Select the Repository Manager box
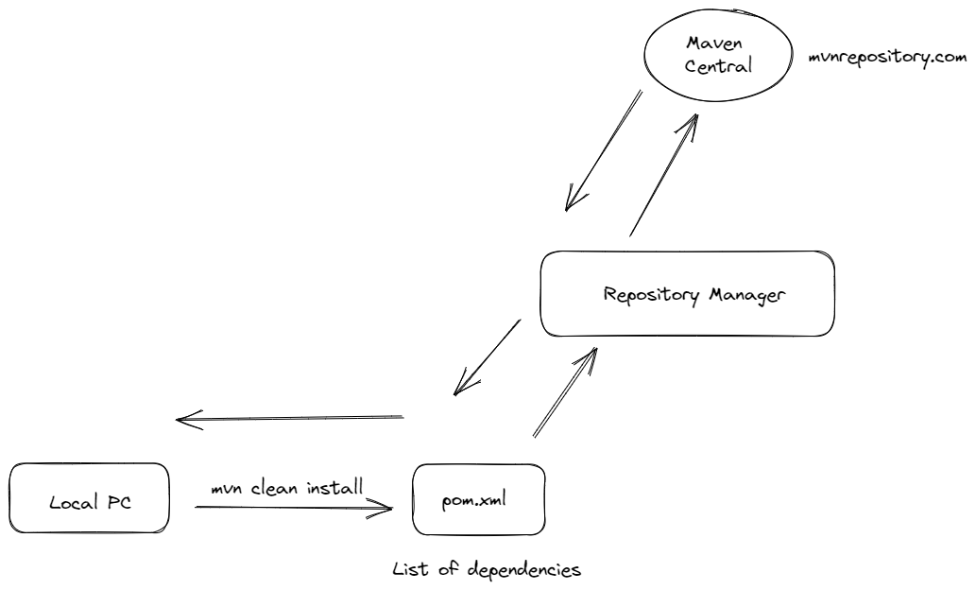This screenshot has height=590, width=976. pyautogui.click(x=687, y=293)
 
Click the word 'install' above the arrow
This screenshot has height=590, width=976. pyautogui.click(x=330, y=488)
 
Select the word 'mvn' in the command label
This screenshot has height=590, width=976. pyautogui.click(x=227, y=489)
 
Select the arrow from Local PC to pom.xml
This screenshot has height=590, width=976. pyautogui.click(x=293, y=509)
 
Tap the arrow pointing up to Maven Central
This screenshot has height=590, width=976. pyautogui.click(x=663, y=175)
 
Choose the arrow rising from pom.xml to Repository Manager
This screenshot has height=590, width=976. pyautogui.click(x=565, y=392)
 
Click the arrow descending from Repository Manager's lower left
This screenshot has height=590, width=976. pyautogui.click(x=487, y=357)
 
